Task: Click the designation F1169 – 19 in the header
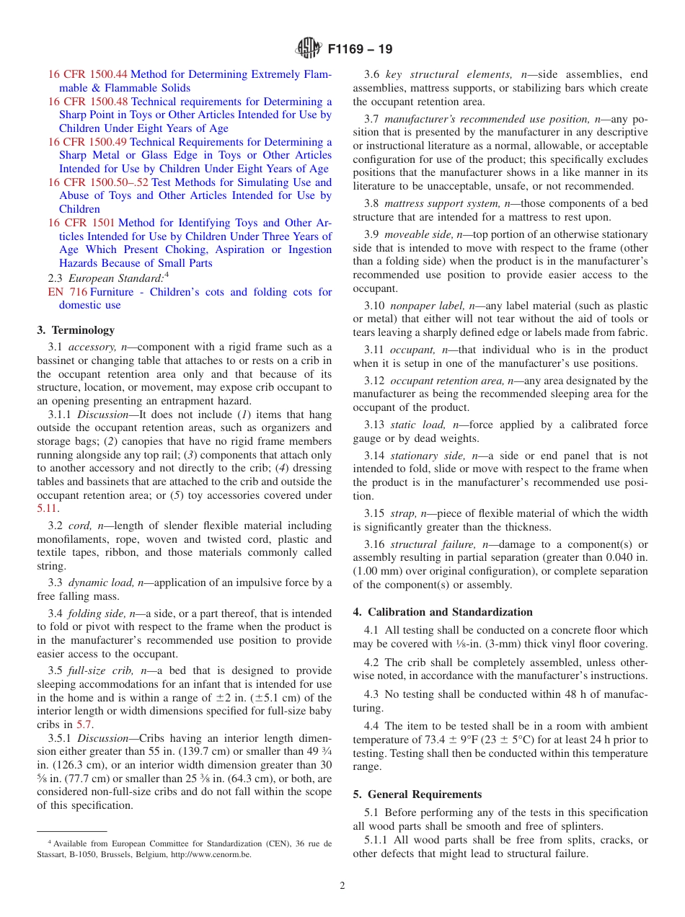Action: pyautogui.click(x=360, y=50)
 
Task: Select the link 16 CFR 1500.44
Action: pyautogui.click(x=87, y=74)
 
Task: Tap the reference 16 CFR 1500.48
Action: pyautogui.click(x=87, y=102)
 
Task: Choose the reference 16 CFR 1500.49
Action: pyautogui.click(x=87, y=142)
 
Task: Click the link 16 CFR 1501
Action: pyautogui.click(x=81, y=223)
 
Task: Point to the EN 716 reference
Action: pyautogui.click(x=67, y=292)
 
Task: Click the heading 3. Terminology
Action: pyautogui.click(x=76, y=330)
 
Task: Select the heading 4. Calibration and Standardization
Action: pyautogui.click(x=443, y=612)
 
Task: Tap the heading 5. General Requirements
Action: pyautogui.click(x=417, y=794)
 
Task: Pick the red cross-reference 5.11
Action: pyautogui.click(x=47, y=509)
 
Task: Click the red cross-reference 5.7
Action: pyautogui.click(x=84, y=725)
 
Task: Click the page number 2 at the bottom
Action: pyautogui.click(x=342, y=886)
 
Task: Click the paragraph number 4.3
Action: pyautogui.click(x=372, y=694)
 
